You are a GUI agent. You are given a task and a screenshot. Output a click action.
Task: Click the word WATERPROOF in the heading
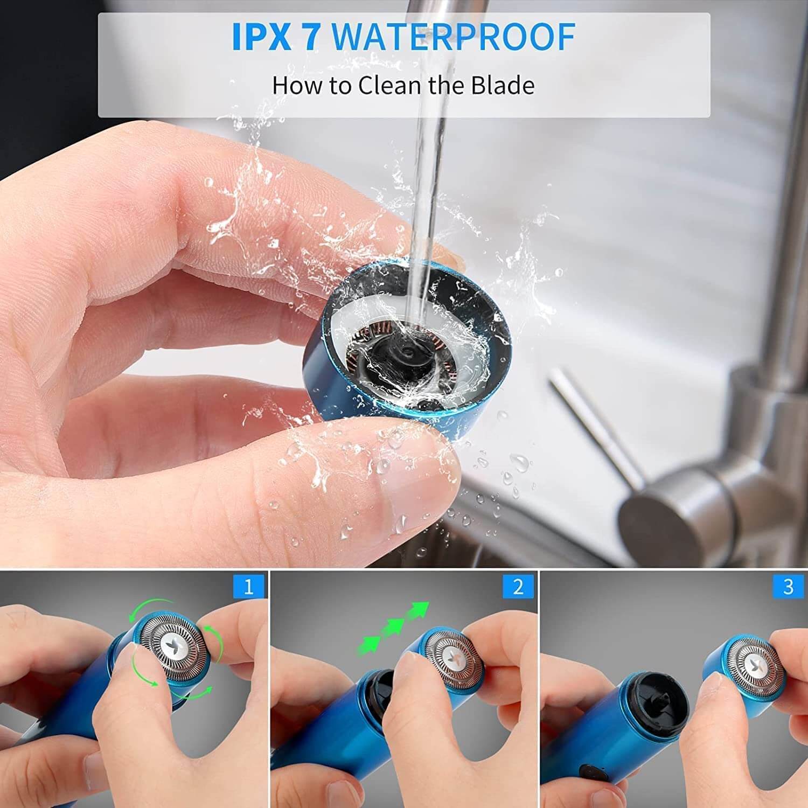(x=453, y=36)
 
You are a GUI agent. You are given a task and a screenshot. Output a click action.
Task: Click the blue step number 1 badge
(x=248, y=587)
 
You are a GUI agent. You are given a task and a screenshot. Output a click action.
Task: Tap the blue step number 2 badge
(x=519, y=587)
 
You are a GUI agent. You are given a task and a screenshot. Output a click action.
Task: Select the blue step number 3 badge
(x=788, y=587)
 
